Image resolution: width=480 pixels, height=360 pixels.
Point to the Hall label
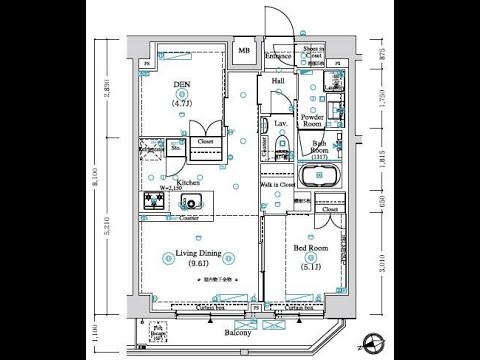point(278,82)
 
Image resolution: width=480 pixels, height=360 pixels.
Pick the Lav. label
point(281,124)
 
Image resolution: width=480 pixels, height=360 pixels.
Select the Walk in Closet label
point(277,185)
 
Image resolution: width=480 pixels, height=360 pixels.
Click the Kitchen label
point(189,183)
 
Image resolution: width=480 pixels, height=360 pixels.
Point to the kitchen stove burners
point(153,202)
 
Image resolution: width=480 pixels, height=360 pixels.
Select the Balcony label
point(236,331)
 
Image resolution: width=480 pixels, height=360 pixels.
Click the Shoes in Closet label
point(313,53)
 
